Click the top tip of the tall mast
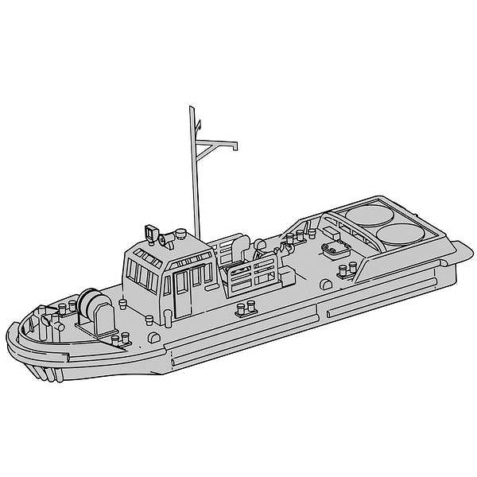pyautogui.click(x=192, y=107)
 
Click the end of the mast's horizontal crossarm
pyautogui.click(x=235, y=145)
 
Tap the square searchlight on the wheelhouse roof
pyautogui.click(x=149, y=232)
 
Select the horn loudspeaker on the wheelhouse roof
pyautogui.click(x=165, y=238)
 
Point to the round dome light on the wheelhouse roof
pyautogui.click(x=181, y=235)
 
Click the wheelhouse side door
pyautogui.click(x=183, y=289)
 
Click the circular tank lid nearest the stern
pyautogui.click(x=401, y=234)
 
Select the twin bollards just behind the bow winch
pyautogui.click(x=119, y=341)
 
